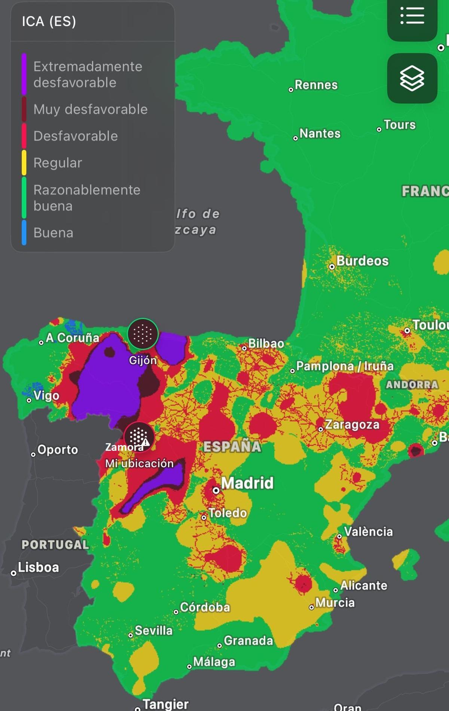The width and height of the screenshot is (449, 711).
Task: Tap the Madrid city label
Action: [x=247, y=483]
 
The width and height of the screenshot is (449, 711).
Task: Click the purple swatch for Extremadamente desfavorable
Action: [x=24, y=74]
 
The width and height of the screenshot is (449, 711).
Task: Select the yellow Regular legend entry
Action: [x=58, y=163]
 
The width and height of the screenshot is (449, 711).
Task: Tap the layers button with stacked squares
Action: [x=412, y=78]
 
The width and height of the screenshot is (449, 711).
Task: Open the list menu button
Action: [x=412, y=16]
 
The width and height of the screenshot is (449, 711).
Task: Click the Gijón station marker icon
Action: [x=143, y=333]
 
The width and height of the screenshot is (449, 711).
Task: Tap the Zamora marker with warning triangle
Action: [x=139, y=437]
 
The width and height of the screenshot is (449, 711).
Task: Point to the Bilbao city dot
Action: [x=244, y=348]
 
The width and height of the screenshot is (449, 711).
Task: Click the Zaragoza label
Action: [x=352, y=425]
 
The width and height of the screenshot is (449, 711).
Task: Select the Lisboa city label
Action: [x=38, y=567]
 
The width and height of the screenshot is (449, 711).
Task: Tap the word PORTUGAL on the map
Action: [x=55, y=544]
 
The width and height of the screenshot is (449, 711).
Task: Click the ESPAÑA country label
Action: [x=232, y=446]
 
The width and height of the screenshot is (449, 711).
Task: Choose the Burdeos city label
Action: [x=362, y=261]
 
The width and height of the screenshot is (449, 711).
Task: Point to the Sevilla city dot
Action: [x=131, y=635]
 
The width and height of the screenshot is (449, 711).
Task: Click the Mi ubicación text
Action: [x=139, y=463]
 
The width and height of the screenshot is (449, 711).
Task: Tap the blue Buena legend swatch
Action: [x=24, y=233]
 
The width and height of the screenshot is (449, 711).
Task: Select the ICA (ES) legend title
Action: [x=49, y=21]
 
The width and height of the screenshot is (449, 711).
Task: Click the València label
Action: [x=368, y=531]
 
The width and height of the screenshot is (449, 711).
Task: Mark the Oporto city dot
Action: [x=33, y=455]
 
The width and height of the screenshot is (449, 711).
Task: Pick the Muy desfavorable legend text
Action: [x=91, y=109]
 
